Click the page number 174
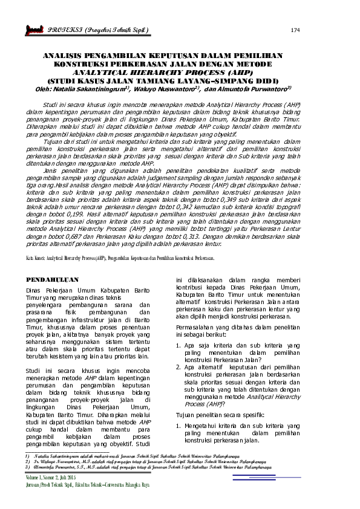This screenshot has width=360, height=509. [x=295, y=30]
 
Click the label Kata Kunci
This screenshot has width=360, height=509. [x=38, y=258]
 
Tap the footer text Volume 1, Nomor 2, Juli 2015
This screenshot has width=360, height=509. [x=60, y=478]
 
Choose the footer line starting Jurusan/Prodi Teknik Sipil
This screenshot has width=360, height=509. [x=91, y=486]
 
